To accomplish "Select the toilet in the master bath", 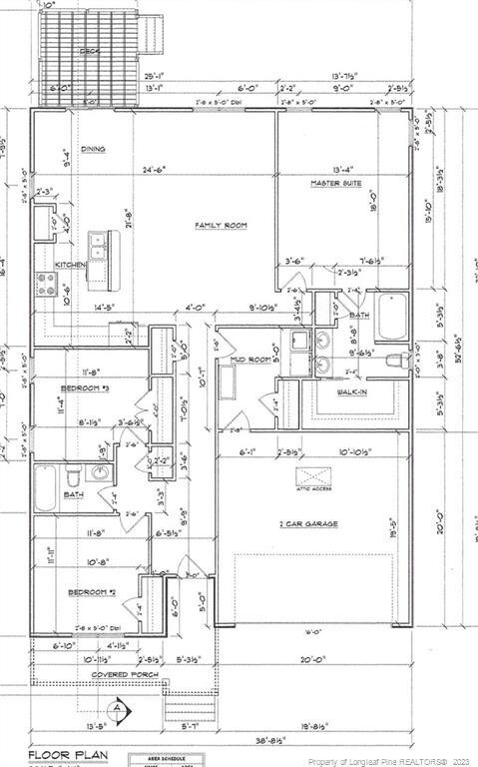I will point(395,360).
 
